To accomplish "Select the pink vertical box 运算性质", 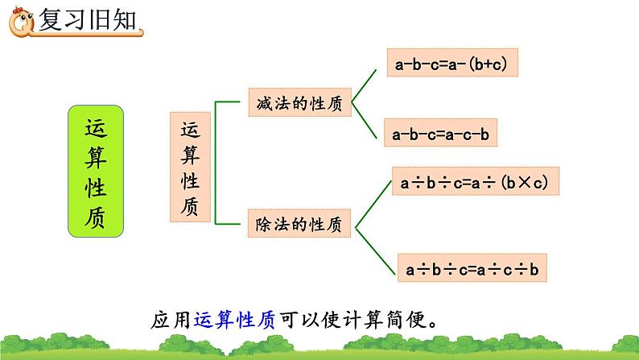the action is coord(190,168).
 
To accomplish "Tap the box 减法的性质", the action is coord(299,104).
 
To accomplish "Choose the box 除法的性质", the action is coord(299,225).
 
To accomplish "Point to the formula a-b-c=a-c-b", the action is coord(440,134).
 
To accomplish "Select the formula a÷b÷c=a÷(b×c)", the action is coord(474,183).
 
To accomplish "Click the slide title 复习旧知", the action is coord(87,19).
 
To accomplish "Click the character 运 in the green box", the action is coord(95,129).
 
